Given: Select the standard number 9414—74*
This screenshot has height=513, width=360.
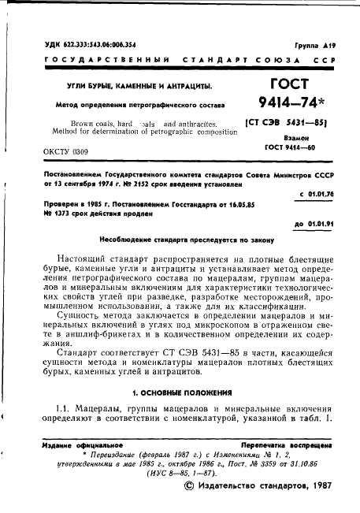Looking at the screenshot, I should tap(292, 102).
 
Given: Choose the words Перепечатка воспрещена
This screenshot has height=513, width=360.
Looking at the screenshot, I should tap(283, 445).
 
